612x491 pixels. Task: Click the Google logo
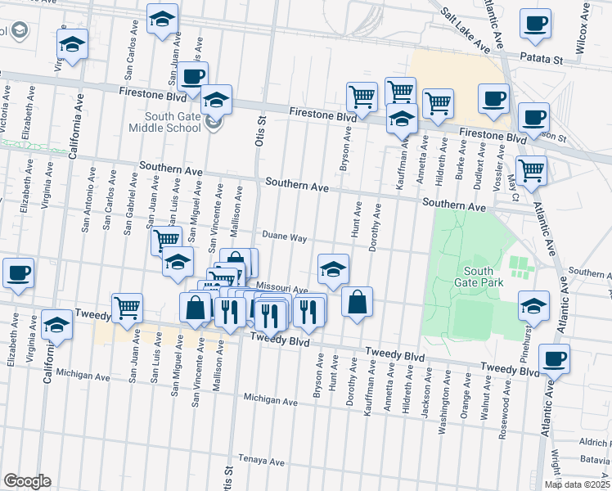point(27,481)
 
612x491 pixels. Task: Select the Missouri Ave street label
point(281,289)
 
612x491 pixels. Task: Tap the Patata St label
point(544,60)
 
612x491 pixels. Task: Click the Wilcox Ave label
point(583,27)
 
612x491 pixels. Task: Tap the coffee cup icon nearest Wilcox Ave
point(536,25)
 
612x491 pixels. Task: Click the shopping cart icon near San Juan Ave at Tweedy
point(127,308)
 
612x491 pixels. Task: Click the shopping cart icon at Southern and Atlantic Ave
point(532,170)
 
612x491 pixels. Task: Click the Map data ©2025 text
point(577,484)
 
